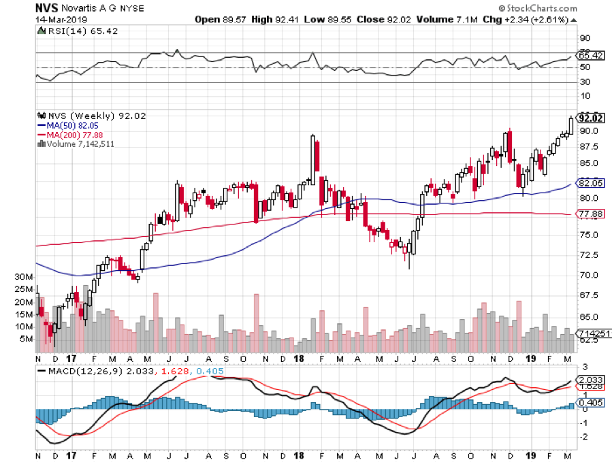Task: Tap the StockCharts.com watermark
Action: pyautogui.click(x=536, y=7)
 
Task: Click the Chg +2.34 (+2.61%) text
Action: pyautogui.click(x=529, y=19)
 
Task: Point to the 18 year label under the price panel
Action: pyautogui.click(x=298, y=359)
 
